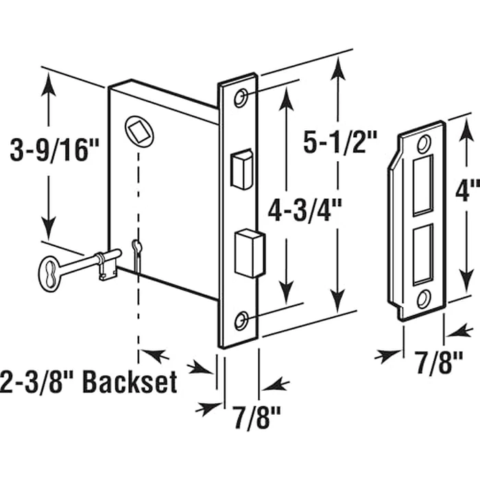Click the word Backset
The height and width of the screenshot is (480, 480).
[129, 382]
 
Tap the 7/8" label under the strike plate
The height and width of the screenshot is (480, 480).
[440, 361]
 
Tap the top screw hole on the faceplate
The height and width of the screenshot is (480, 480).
[240, 99]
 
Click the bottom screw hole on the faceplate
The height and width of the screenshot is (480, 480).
[241, 320]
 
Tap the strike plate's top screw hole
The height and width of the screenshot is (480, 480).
[423, 143]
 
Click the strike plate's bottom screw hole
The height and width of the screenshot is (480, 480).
[424, 298]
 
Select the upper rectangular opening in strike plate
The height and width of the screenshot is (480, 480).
[423, 184]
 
